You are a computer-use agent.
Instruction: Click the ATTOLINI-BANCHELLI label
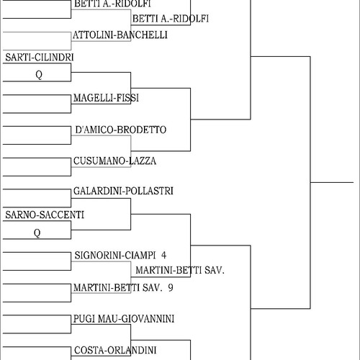click(120, 35)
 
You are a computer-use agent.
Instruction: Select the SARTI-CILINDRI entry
click(40, 58)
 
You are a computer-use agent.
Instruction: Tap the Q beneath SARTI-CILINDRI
click(39, 75)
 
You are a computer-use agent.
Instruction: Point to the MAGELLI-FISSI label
click(106, 98)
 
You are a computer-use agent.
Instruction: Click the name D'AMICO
click(94, 130)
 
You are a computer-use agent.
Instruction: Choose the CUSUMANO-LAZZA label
click(114, 161)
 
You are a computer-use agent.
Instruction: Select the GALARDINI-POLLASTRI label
click(123, 191)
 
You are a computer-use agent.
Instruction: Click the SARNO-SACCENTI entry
click(45, 215)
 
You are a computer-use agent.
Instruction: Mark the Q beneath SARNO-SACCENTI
click(37, 233)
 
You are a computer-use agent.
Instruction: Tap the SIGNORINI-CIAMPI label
click(115, 255)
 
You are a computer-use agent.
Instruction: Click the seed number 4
click(163, 255)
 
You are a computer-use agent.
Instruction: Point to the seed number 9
click(171, 287)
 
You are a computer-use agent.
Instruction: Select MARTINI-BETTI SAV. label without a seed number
click(180, 270)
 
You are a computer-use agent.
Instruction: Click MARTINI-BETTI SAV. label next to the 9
click(118, 287)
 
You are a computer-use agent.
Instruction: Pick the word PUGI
click(84, 319)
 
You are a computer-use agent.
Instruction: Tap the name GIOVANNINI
click(148, 319)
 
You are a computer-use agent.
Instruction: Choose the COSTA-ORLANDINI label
click(115, 351)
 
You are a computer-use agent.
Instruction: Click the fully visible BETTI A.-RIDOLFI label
click(171, 19)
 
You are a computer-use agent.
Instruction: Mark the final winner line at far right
click(332, 182)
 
